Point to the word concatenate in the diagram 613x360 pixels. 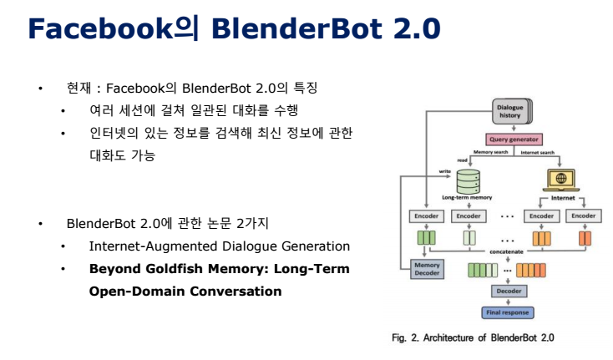pos(507,250)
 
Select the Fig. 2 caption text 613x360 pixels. pos(473,337)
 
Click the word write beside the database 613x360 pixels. pos(444,170)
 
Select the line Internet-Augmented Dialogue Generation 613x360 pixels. pos(219,246)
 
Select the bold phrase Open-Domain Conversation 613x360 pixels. pos(185,292)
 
